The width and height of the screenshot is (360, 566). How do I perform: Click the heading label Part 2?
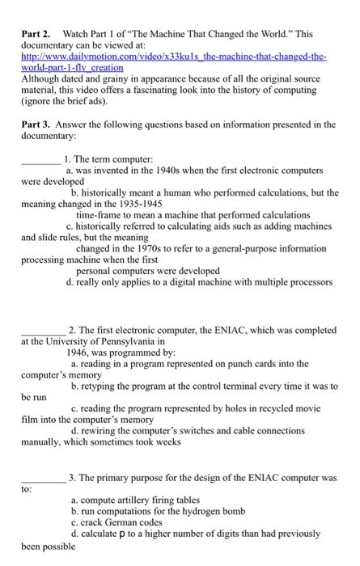pyautogui.click(x=36, y=37)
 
